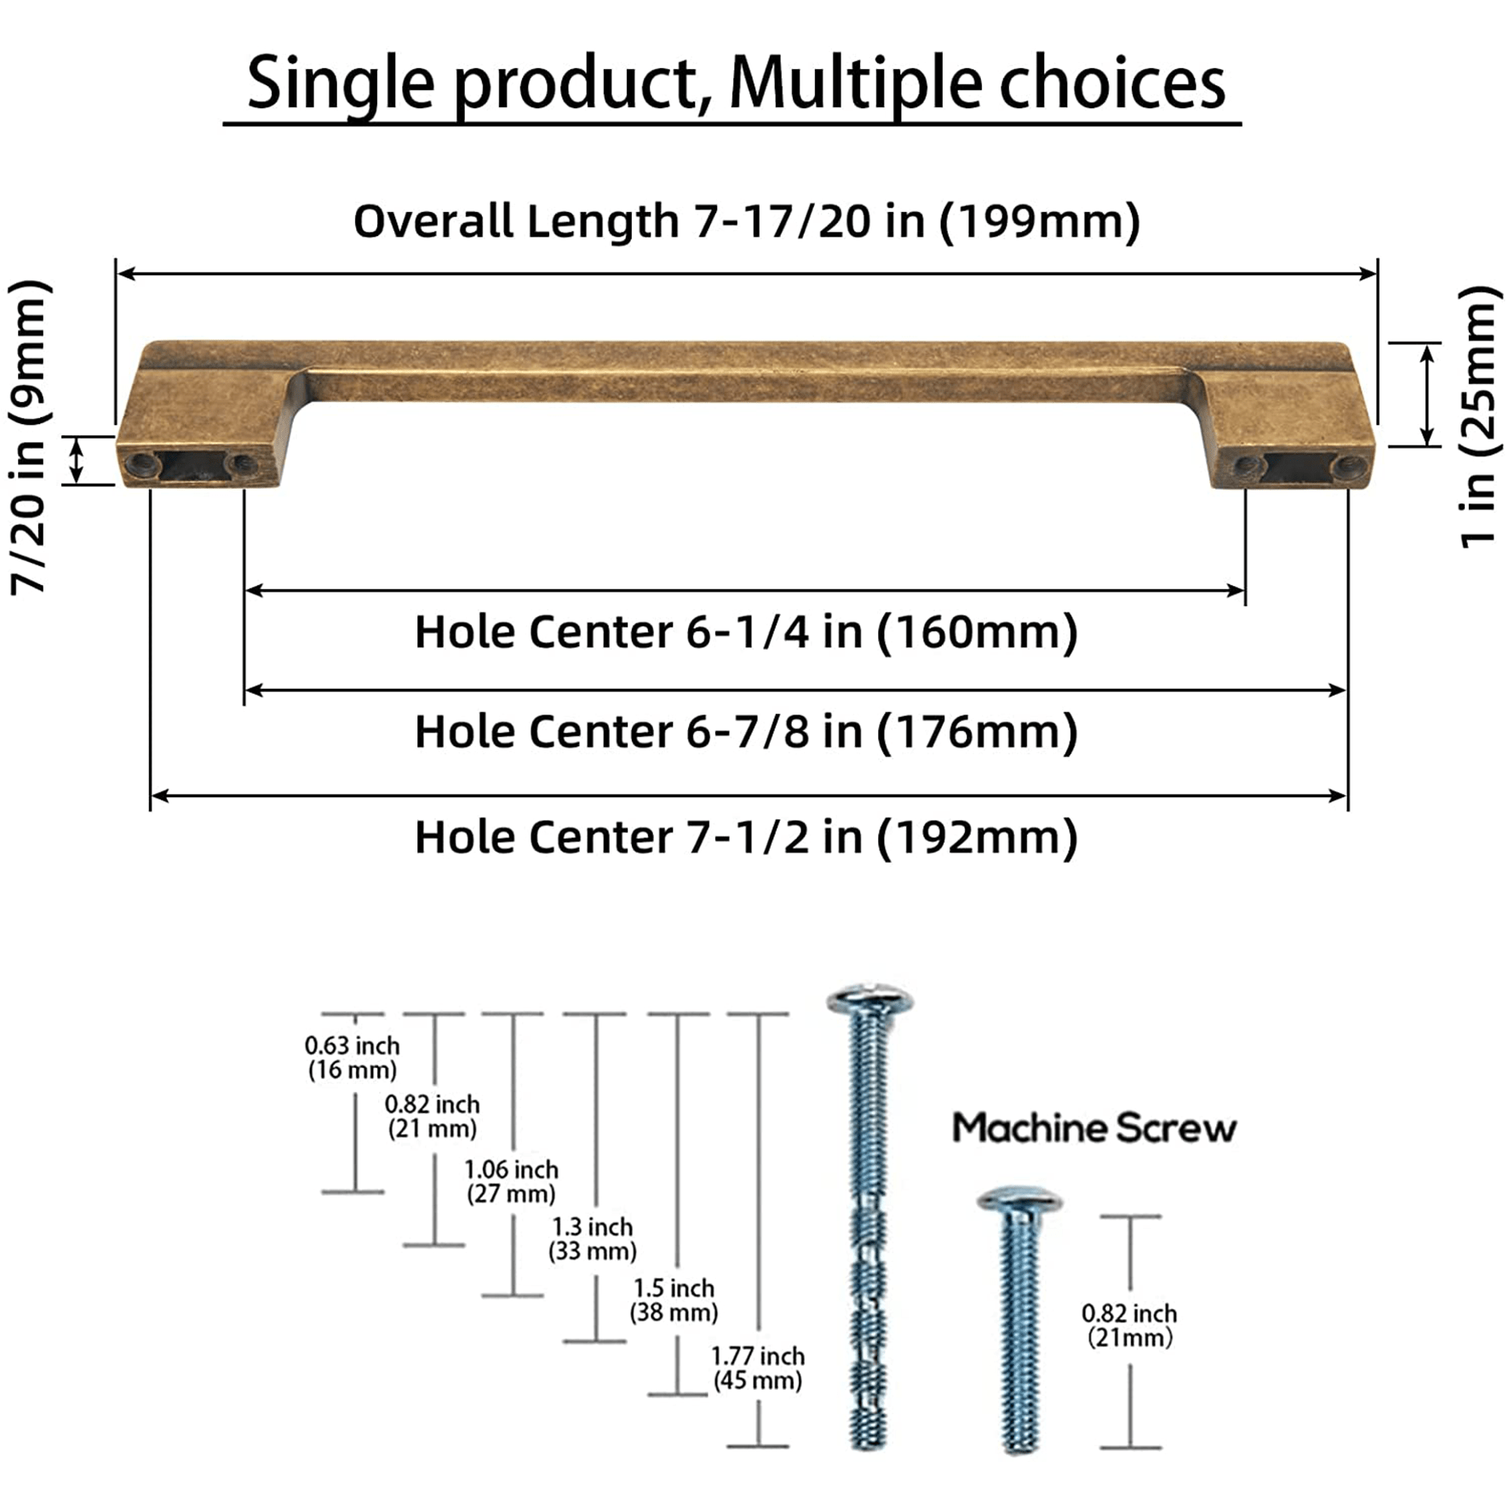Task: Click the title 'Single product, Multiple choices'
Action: tap(736, 83)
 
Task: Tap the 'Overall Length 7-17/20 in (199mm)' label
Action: tap(746, 221)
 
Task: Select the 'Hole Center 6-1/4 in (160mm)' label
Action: tap(746, 632)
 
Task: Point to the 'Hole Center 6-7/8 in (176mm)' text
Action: tap(746, 732)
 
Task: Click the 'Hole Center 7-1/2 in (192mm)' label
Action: tap(746, 837)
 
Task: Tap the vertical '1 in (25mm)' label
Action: tap(1478, 417)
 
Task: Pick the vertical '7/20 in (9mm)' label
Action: tap(29, 436)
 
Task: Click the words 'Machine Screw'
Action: tap(1093, 1127)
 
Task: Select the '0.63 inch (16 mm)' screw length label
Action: tap(352, 1058)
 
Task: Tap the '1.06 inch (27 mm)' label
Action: tap(511, 1181)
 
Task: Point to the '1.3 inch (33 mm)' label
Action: tap(593, 1238)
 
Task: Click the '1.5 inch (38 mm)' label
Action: tap(674, 1300)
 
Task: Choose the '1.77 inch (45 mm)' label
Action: tap(757, 1368)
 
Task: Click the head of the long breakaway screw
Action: tap(869, 999)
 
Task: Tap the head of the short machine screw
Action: tap(1019, 1201)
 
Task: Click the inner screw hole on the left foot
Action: tap(242, 464)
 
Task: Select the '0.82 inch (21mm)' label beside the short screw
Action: tap(1129, 1325)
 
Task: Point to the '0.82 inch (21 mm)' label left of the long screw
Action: tap(433, 1116)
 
